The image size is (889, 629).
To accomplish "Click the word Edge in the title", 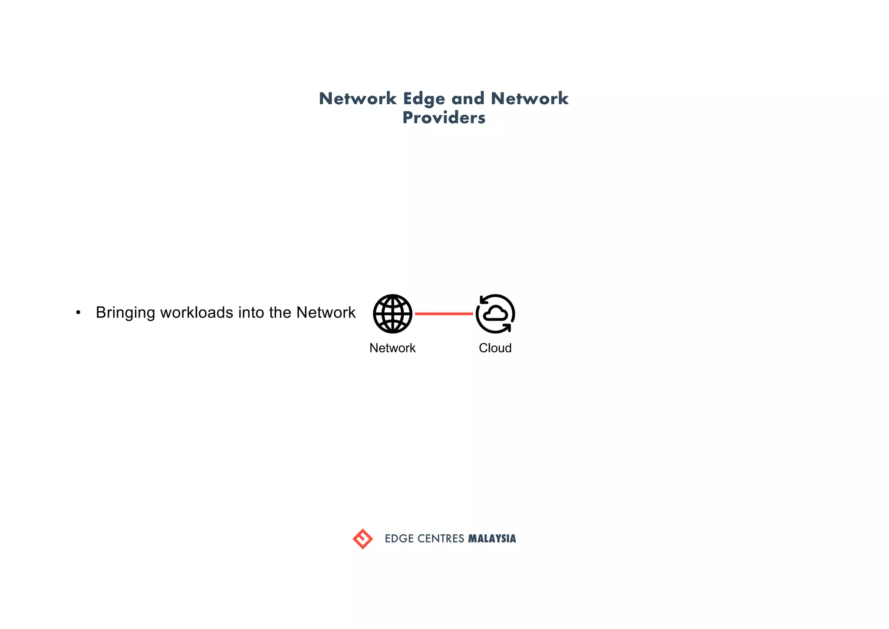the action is point(424,99).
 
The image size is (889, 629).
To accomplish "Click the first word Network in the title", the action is point(357,99).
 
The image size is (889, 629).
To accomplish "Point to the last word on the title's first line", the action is point(529,99).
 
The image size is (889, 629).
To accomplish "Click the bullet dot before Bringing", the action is point(78,313).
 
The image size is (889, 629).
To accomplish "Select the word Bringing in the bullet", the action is point(125,313).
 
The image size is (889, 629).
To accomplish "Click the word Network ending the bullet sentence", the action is point(326,312).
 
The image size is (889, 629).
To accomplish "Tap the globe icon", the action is point(392,314).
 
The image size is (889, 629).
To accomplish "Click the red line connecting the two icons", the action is point(444,314).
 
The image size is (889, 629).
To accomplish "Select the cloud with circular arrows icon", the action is point(495,314).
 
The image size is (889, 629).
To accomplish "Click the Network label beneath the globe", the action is point(392,348).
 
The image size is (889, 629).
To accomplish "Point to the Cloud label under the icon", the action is point(495,348).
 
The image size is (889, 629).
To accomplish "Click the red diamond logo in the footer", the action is point(362,539).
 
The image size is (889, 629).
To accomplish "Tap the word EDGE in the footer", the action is point(399,539).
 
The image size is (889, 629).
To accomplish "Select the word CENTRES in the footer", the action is point(441,539).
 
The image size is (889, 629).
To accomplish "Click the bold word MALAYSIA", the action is point(492,539).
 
